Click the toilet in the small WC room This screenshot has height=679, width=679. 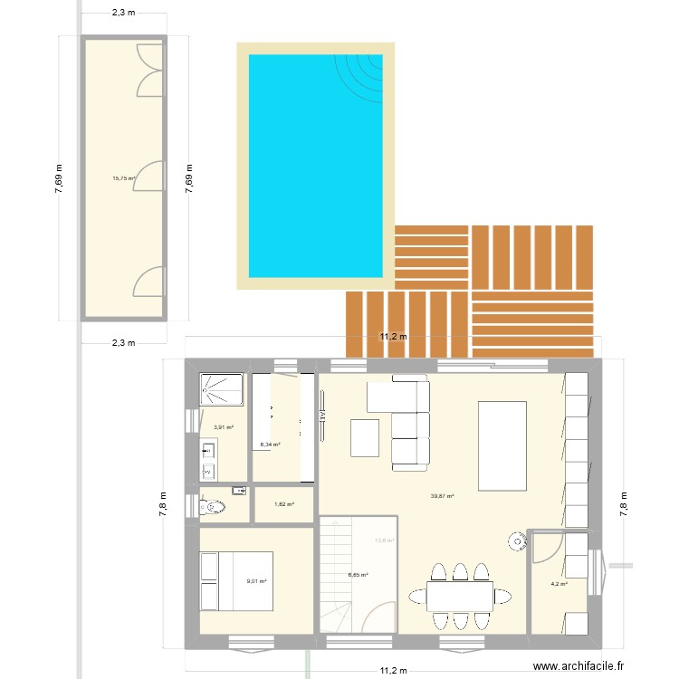[x=213, y=507]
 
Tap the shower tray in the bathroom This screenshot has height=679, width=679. [x=217, y=390]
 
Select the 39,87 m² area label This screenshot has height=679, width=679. [x=443, y=496]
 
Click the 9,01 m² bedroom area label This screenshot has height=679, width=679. [x=256, y=582]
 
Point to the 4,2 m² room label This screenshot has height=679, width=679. [x=559, y=584]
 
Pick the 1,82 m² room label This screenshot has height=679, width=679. [x=284, y=504]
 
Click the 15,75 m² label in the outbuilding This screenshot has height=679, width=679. [x=123, y=178]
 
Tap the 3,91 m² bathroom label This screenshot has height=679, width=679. [x=224, y=427]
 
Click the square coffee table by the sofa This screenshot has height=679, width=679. [x=365, y=438]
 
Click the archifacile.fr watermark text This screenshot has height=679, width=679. [x=579, y=665]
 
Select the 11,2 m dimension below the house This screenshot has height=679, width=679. [x=394, y=671]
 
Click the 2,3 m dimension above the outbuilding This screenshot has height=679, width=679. [x=123, y=13]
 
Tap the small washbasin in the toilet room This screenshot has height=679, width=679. [x=239, y=491]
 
